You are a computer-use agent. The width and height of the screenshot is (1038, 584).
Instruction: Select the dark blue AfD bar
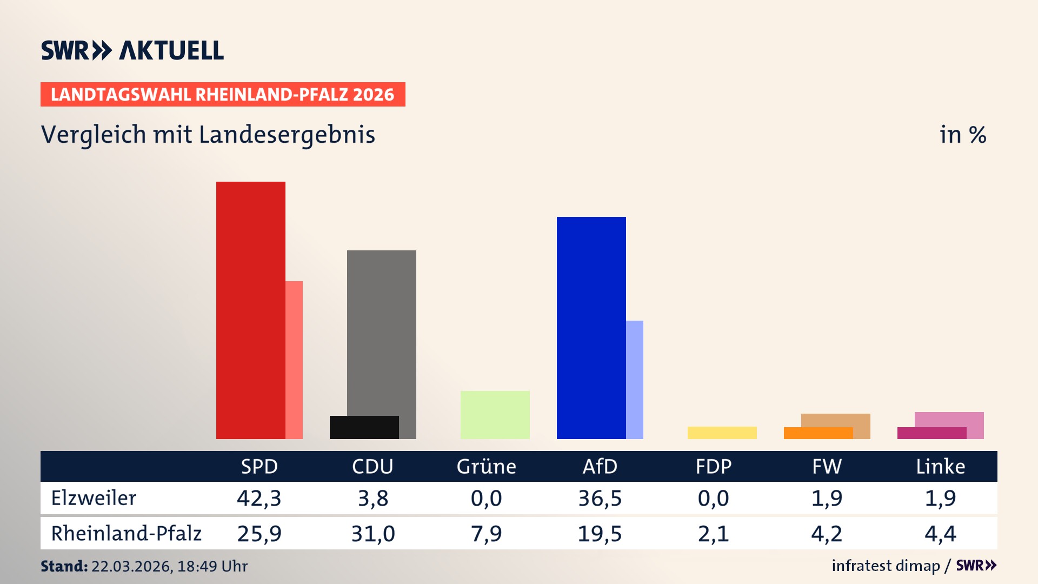pos(591,328)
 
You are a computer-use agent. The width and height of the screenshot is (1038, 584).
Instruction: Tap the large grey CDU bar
pos(382,330)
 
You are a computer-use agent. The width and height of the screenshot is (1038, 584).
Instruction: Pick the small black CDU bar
pos(364,427)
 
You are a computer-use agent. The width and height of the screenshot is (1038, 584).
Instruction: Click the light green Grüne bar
pos(495,415)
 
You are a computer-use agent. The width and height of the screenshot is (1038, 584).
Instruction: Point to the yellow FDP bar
pos(722,433)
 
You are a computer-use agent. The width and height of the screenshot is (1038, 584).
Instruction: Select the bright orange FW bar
pos(817,433)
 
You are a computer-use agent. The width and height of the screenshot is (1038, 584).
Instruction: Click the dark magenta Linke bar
pos(931,433)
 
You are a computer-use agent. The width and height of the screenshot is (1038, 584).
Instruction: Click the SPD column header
pos(259,466)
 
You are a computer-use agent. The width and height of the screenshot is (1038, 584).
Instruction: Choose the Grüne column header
pos(486,466)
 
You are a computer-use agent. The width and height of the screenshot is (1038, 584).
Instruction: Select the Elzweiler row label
pos(94,498)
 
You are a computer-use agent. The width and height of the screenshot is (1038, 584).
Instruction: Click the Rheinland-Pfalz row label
pos(126,534)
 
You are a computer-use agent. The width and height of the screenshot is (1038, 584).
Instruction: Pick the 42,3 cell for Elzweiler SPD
pos(259,498)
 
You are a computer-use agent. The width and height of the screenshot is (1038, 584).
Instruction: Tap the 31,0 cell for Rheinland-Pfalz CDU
pos(373,534)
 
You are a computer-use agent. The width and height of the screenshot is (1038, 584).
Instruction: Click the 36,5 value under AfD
pos(600,498)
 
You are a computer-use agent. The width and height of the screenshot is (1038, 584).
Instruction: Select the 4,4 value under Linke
pos(940,534)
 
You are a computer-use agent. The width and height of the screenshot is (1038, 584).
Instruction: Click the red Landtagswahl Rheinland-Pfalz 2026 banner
pos(223,95)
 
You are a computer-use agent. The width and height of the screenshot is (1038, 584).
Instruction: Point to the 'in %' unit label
pos(962,135)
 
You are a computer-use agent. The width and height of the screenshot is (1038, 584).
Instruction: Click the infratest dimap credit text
pos(886,566)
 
